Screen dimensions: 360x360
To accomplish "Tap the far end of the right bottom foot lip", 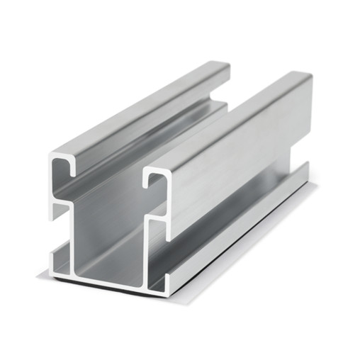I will [x=306, y=169].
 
